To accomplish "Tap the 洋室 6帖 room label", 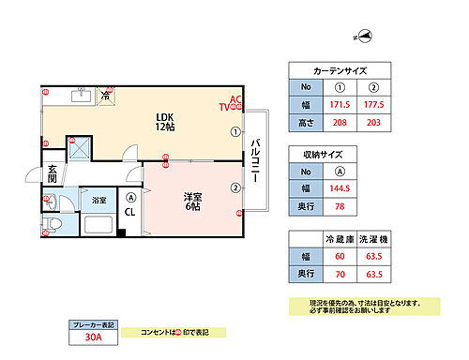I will [x=193, y=201].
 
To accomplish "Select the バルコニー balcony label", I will [x=255, y=160].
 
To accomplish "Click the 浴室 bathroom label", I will [x=98, y=201].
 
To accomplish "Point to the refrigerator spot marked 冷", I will [x=106, y=96].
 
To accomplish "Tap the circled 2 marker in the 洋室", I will [x=234, y=187].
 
